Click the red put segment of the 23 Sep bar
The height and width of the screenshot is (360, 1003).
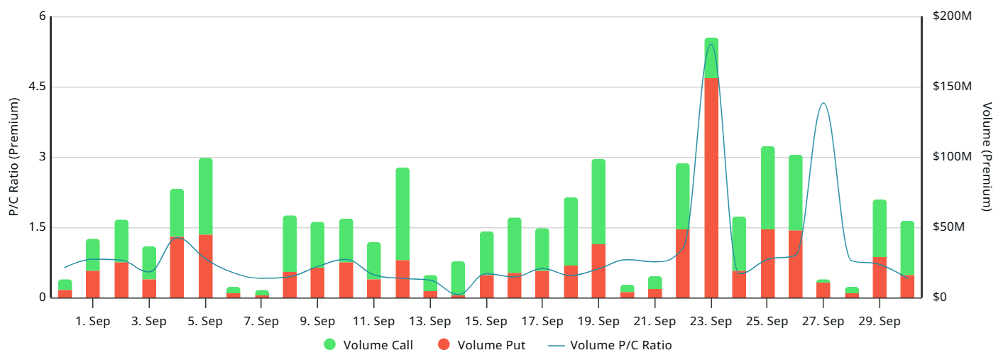pyautogui.click(x=711, y=187)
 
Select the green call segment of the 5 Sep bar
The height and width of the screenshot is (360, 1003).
pyautogui.click(x=205, y=196)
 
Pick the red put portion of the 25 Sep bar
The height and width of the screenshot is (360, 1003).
pyautogui.click(x=767, y=263)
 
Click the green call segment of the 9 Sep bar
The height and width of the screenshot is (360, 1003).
pyautogui.click(x=317, y=245)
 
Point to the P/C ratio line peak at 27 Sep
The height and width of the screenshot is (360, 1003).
pyautogui.click(x=823, y=103)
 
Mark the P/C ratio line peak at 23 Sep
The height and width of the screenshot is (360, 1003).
pyautogui.click(x=711, y=45)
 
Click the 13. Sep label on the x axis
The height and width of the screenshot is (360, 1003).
pyautogui.click(x=430, y=322)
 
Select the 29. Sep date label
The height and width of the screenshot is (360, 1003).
pyautogui.click(x=879, y=322)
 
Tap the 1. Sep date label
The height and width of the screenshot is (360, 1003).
pyautogui.click(x=93, y=322)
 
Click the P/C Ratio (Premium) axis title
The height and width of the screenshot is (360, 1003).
pyautogui.click(x=13, y=157)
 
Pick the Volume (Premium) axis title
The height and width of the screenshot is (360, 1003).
pyautogui.click(x=987, y=157)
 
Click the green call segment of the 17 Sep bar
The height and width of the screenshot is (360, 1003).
pyautogui.click(x=542, y=249)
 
